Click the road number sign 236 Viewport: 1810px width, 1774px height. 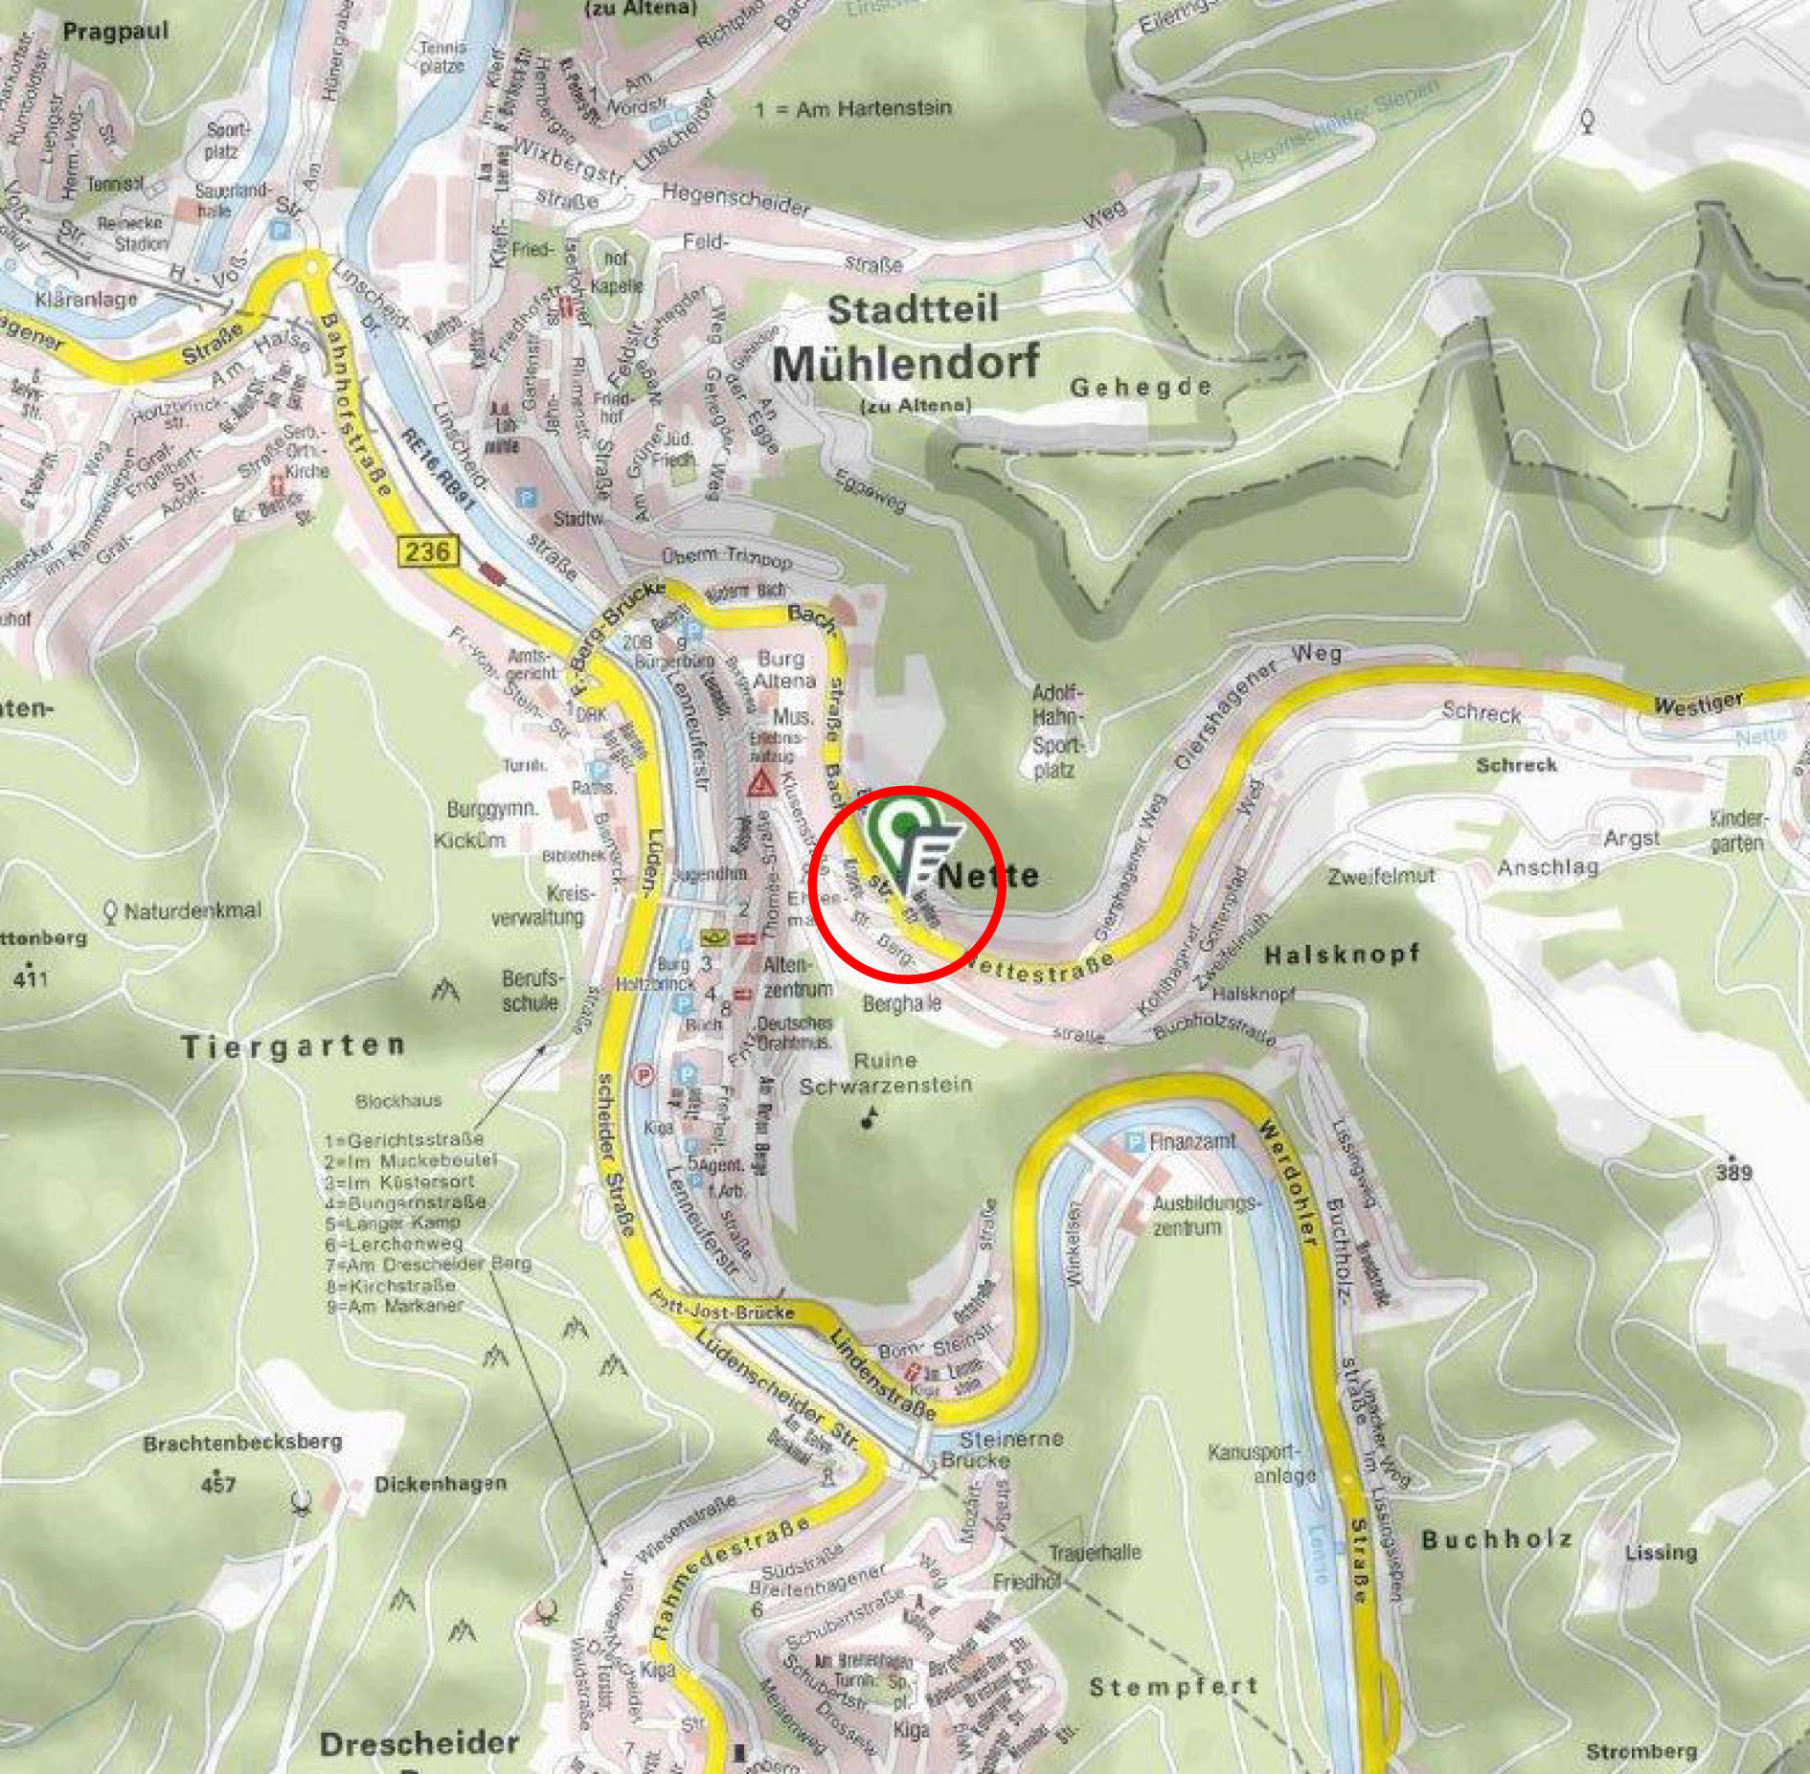coord(426,551)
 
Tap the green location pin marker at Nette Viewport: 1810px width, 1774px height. coord(902,824)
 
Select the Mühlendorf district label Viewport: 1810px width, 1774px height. coord(905,364)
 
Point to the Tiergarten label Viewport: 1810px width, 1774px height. coord(293,1045)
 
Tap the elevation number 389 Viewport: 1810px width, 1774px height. coord(1733,1172)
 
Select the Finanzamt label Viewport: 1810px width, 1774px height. coord(1192,1141)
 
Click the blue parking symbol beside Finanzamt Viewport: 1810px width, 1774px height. coord(1135,1142)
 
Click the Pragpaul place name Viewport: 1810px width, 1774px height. coord(116,32)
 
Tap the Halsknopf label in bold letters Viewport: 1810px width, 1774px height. coord(1342,954)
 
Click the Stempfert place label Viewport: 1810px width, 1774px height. coord(1173,1687)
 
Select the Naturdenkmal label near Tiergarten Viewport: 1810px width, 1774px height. coord(192,910)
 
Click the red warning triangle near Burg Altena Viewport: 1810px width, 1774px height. coord(762,784)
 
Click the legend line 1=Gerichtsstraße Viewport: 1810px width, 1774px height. coord(404,1140)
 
